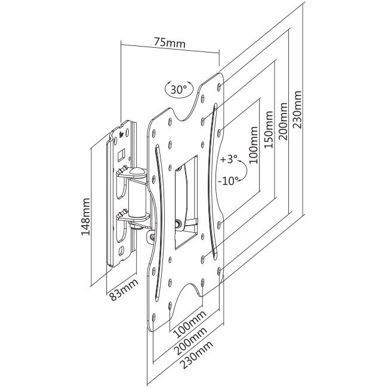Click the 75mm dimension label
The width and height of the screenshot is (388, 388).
tap(170, 43)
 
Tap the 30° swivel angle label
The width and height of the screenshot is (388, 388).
tap(178, 89)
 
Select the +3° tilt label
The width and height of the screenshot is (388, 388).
tap(229, 159)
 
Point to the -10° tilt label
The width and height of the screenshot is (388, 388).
tap(228, 181)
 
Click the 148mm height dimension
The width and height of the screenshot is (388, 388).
tap(85, 217)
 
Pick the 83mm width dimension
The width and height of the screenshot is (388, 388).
tap(123, 289)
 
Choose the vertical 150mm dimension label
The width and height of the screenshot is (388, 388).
tap(269, 130)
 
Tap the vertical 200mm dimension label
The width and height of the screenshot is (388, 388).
tap(283, 122)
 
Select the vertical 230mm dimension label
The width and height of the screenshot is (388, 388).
tap(297, 110)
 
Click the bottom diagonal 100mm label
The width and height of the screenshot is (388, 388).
tap(190, 324)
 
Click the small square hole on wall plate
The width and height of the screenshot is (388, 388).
tap(121, 155)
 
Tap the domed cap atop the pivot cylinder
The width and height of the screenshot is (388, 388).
tap(137, 171)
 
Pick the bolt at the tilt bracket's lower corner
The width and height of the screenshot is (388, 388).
tap(178, 224)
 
